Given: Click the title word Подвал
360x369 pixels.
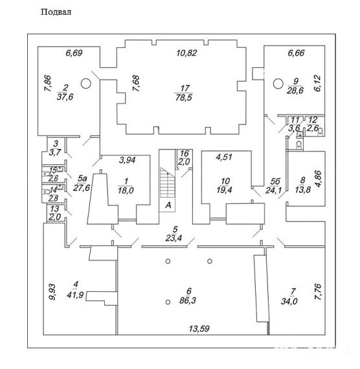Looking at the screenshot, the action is (56, 12).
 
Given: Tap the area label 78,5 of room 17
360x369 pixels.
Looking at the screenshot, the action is (184, 97).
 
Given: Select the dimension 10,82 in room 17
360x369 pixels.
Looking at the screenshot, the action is (186, 53).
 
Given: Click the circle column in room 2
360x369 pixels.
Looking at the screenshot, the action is (85, 84).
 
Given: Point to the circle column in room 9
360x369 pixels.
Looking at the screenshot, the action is (278, 84).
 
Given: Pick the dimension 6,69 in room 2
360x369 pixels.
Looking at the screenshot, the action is (74, 53).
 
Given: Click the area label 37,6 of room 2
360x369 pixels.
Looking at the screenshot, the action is (65, 96).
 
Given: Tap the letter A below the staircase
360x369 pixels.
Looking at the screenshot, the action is (168, 205).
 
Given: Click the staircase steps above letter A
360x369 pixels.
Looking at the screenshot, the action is (168, 183).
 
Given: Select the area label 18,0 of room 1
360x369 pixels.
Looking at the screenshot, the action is (126, 190).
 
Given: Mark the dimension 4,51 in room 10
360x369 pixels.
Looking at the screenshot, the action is (224, 157).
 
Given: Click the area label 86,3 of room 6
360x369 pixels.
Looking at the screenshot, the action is (188, 300).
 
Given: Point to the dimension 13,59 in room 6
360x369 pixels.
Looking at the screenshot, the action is (199, 328).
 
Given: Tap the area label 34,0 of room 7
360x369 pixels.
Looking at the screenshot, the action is (289, 301).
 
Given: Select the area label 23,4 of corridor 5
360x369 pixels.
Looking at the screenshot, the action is (174, 238).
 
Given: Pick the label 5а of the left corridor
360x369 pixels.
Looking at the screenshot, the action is (82, 179).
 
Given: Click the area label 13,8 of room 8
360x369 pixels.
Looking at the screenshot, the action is (302, 190).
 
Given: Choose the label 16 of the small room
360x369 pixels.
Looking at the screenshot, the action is (185, 153).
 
